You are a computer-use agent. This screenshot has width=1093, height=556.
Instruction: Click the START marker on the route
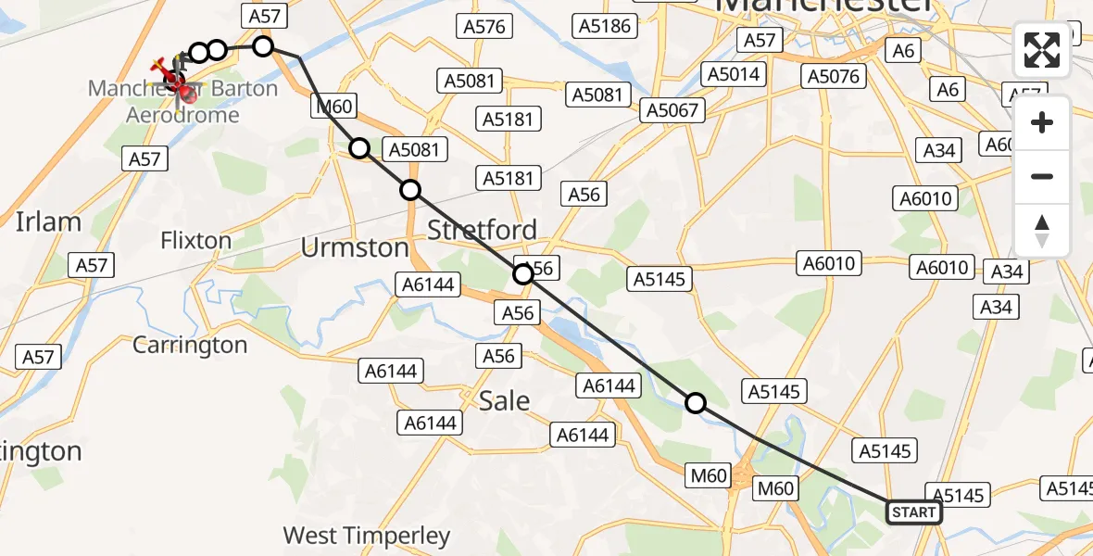[x=914, y=512]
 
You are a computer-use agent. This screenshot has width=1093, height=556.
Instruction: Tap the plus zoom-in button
[x=1042, y=122]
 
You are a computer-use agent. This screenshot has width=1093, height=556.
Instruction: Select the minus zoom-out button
[x=1042, y=176]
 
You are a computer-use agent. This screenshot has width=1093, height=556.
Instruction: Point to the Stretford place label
[x=483, y=229]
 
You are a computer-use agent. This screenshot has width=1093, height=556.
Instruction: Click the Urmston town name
[x=355, y=247]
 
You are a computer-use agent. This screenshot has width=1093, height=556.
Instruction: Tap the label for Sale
[x=504, y=400]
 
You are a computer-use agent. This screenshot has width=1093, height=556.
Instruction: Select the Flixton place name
[x=195, y=241]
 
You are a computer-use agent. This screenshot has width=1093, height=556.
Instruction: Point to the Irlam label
[x=48, y=222]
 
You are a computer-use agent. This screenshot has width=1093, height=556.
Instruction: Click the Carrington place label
[x=190, y=345]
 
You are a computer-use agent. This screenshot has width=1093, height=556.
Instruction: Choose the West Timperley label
[x=367, y=536]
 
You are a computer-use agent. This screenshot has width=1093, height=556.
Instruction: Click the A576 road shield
[x=484, y=26]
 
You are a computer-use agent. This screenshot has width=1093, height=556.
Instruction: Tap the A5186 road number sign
[x=604, y=26]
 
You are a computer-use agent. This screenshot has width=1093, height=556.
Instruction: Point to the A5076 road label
[x=834, y=76]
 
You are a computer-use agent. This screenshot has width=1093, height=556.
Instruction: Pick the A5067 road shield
[x=674, y=111]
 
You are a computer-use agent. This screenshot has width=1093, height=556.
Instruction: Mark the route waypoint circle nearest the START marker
[x=696, y=403]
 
